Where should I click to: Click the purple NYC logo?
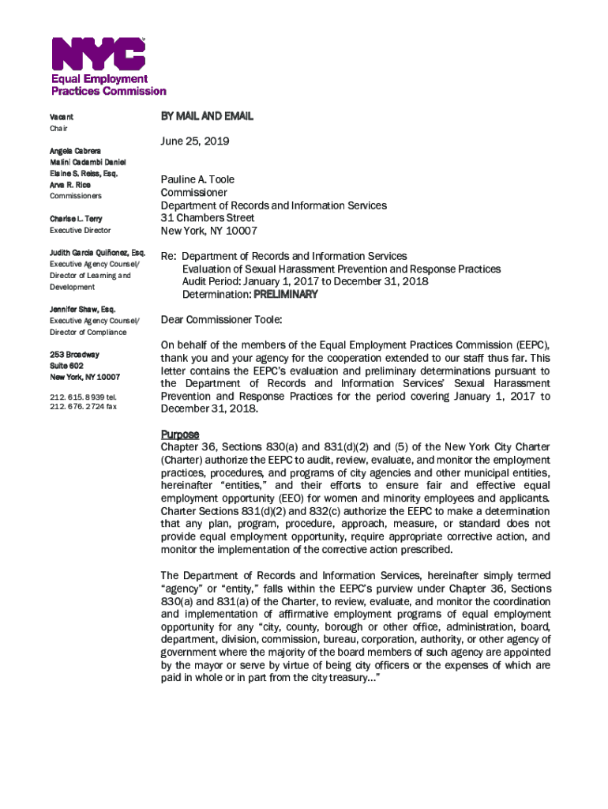(x=98, y=53)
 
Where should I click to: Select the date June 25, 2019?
(x=194, y=141)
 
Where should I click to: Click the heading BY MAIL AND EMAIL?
(x=207, y=116)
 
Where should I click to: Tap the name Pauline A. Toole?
(x=197, y=179)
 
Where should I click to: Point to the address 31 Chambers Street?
(x=208, y=218)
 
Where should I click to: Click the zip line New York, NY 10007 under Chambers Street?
(x=208, y=231)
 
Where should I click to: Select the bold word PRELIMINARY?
(x=285, y=295)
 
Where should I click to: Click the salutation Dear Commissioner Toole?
(x=221, y=320)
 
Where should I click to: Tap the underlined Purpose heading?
(x=180, y=435)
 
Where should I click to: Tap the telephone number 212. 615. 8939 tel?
(x=83, y=396)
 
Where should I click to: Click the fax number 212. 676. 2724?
(x=83, y=407)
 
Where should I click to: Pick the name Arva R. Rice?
(x=70, y=185)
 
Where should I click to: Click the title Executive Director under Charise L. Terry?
(x=81, y=231)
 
